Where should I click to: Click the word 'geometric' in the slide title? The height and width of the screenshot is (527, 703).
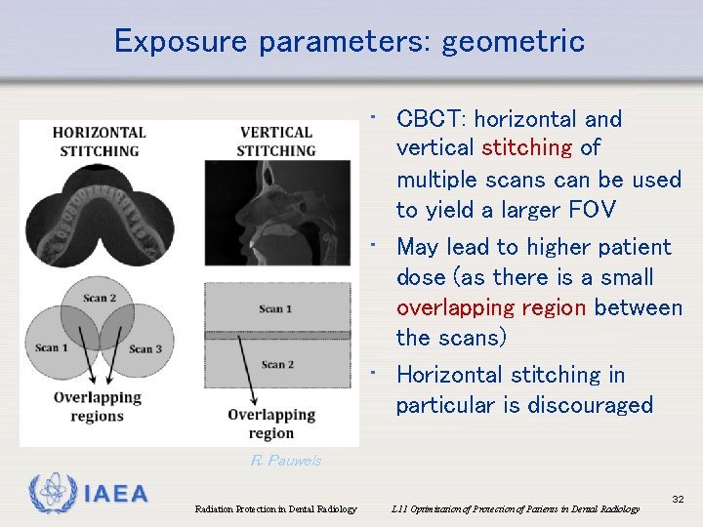(x=513, y=41)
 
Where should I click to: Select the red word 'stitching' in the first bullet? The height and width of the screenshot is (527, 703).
(x=526, y=148)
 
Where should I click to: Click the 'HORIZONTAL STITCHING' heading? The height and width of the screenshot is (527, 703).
(x=100, y=142)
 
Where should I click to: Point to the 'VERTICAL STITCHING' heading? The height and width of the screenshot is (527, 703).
(x=276, y=142)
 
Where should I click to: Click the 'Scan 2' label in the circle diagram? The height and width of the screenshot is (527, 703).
(x=100, y=299)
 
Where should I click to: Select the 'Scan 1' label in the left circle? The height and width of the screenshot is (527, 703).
(x=52, y=347)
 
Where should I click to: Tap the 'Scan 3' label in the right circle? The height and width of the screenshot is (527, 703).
(x=145, y=348)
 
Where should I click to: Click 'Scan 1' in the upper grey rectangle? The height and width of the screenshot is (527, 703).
(x=275, y=309)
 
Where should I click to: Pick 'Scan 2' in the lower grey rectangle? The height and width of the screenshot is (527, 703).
(x=275, y=365)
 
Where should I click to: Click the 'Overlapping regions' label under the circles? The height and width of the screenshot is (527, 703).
(x=97, y=407)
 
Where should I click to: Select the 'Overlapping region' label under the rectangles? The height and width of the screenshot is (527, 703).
(x=270, y=424)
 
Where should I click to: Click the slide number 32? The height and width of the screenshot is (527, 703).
(x=678, y=499)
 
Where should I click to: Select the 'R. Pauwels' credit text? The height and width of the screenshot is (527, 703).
(x=286, y=461)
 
